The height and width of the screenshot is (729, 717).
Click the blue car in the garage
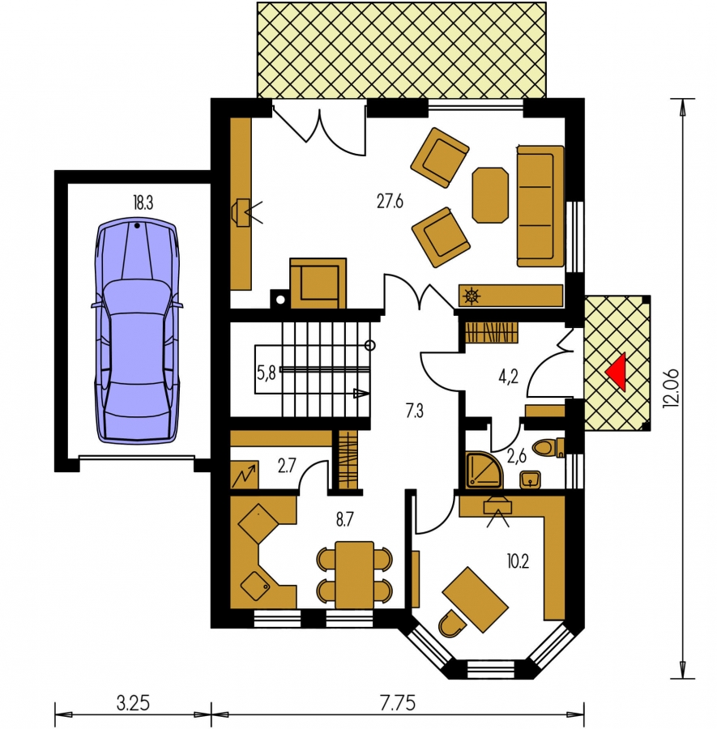pos(138,331)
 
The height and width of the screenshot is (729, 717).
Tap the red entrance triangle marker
pos(617,371)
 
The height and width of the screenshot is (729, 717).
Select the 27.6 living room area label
pos(390,202)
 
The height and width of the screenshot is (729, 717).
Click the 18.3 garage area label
pos(143,202)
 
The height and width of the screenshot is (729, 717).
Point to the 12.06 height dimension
pos(671,389)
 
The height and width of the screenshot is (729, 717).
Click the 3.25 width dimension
pos(133,703)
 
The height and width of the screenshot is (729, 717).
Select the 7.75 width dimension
pos(398,703)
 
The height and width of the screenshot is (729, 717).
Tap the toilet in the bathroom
pos(548,447)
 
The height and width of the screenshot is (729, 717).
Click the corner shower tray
pos(484,470)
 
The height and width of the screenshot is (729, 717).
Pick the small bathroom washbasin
pos(531,480)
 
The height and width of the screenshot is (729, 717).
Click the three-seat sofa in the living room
pos(540,206)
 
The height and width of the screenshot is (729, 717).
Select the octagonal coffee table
pos(490,195)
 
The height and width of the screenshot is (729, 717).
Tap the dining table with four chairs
pos(354,574)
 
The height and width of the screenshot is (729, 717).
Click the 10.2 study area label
pos(518,561)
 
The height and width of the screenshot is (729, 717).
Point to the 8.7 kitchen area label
pos(344,520)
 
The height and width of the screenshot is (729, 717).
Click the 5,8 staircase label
pos(267,373)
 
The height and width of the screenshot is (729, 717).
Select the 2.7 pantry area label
pos(287,466)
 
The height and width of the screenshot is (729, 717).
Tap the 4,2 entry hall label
pos(508,377)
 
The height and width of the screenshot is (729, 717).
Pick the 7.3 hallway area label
pos(414,411)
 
